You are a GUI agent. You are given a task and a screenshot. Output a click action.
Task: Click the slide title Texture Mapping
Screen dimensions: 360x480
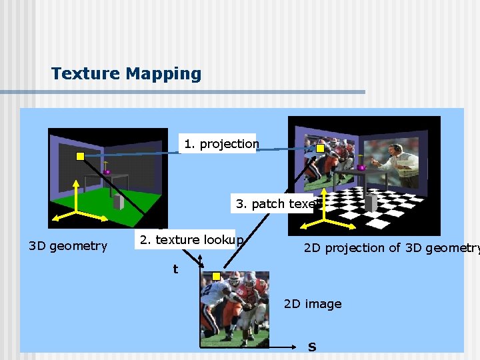126,73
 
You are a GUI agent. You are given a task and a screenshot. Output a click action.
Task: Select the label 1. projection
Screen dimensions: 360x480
221,143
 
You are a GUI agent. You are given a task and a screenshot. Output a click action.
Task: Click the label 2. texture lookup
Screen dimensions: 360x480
191,239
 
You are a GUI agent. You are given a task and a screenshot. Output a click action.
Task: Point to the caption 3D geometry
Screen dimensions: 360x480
68,246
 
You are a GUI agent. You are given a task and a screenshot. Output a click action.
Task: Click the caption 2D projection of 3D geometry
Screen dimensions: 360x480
391,248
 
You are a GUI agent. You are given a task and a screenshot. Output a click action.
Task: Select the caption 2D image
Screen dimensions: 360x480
313,304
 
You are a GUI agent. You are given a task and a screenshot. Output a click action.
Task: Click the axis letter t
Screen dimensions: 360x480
175,269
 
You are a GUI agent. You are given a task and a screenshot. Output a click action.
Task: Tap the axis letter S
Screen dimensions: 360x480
312,347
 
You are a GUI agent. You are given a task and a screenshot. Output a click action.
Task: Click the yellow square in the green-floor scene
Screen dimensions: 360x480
80,157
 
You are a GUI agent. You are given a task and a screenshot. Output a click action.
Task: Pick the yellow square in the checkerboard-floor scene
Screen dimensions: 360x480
321,148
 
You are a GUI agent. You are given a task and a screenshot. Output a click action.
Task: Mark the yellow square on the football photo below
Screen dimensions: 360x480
216,276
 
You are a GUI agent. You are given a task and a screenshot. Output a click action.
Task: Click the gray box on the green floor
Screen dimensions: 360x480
118,201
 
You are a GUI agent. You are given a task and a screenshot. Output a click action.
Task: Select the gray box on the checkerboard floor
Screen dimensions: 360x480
372,201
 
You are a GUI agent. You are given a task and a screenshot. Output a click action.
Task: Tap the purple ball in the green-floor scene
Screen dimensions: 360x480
107,171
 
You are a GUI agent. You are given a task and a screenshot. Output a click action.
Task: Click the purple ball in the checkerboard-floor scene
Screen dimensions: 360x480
362,167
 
